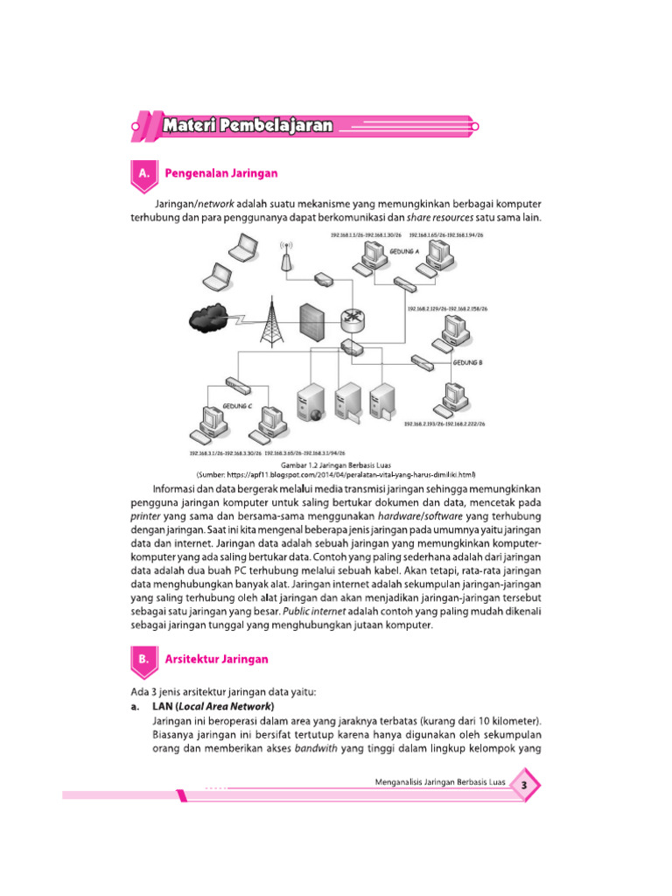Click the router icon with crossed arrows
coord(352,321)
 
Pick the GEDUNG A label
coord(405,250)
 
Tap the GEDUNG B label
coord(468,361)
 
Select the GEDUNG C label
coord(237,407)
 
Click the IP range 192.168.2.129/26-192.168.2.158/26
coord(446,309)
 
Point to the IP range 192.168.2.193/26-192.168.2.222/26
coord(444,423)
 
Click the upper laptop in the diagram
coord(241,249)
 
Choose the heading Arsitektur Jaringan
coord(216,659)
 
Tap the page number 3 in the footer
coord(523,786)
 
